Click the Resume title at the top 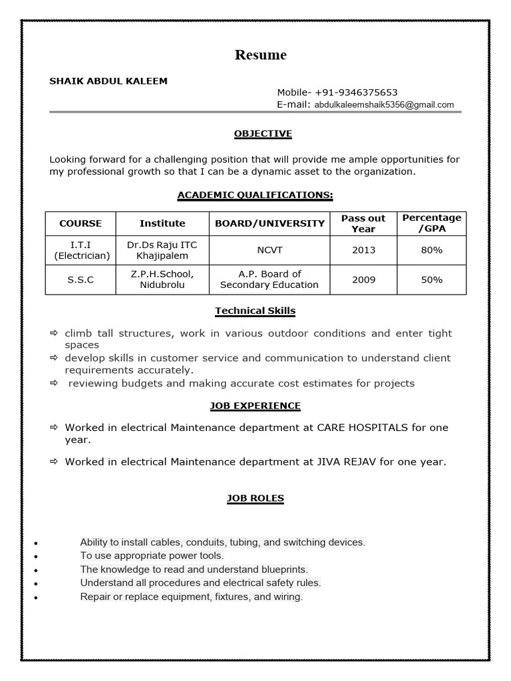tap(260, 55)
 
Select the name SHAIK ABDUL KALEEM tap(108, 81)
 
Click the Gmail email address tap(384, 104)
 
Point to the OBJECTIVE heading tap(263, 134)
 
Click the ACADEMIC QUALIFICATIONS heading tap(255, 195)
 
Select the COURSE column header tap(81, 223)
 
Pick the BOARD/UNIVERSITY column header tap(269, 223)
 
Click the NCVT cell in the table tap(269, 250)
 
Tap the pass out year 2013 tap(364, 250)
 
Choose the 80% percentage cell tap(432, 250)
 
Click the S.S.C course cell tap(81, 280)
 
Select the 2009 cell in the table tap(364, 280)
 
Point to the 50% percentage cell tap(432, 280)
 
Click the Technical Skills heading tap(255, 311)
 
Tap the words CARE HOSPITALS tap(362, 427)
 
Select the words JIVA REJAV tap(345, 461)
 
